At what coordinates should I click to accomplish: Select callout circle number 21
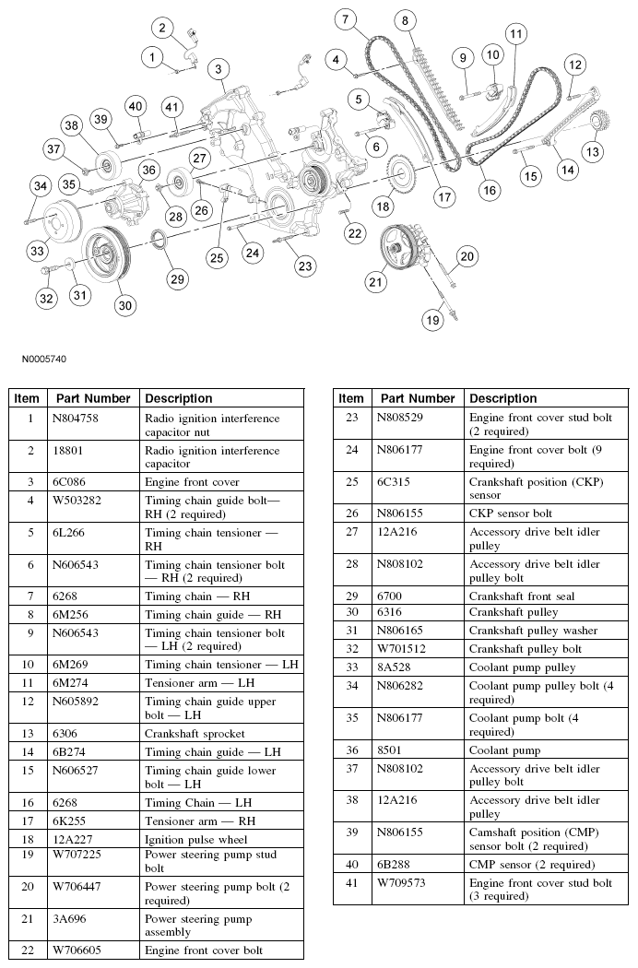coord(375,282)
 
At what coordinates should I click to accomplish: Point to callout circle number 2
coord(162,29)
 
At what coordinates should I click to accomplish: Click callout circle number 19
coord(432,321)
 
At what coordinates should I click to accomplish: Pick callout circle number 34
coord(39,187)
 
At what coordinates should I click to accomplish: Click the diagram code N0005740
coord(40,359)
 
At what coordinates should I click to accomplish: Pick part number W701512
coord(402,648)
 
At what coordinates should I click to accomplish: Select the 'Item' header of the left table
coord(27,398)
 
